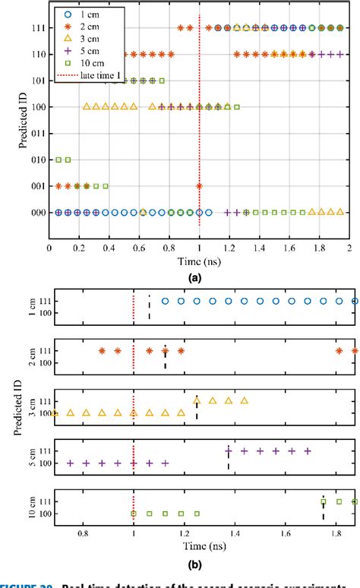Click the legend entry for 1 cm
point(83,14)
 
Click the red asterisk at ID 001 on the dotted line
point(199,186)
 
